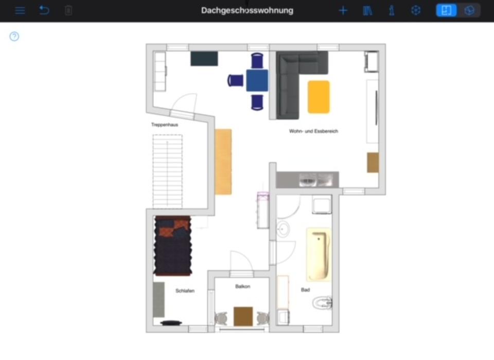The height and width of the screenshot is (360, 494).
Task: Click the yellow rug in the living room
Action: (x=319, y=97)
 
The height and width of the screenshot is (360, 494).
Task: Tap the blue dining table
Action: (x=257, y=81)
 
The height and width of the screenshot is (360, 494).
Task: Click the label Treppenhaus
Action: (x=165, y=125)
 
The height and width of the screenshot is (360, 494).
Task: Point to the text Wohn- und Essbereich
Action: (x=313, y=131)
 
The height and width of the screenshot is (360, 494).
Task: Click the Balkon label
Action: (x=242, y=286)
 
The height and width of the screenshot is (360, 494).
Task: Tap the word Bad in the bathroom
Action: (x=305, y=290)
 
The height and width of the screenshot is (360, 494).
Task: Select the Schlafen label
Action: (x=185, y=291)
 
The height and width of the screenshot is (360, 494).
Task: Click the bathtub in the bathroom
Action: (x=319, y=255)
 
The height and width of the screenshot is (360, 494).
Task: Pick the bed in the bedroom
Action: (x=173, y=246)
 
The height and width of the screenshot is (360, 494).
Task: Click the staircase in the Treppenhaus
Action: (x=167, y=170)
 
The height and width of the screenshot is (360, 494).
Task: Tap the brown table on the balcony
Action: (x=243, y=316)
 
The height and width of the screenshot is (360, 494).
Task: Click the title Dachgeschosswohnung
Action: (x=247, y=10)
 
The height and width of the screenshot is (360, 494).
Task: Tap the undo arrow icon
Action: (x=44, y=10)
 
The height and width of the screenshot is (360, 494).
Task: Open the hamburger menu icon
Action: (x=20, y=10)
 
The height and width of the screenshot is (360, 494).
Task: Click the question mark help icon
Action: (x=14, y=36)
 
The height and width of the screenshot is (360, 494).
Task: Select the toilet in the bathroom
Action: (x=323, y=303)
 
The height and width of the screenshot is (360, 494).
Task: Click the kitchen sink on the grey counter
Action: (x=308, y=180)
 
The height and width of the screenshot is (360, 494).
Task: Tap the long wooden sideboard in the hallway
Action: (x=223, y=162)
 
